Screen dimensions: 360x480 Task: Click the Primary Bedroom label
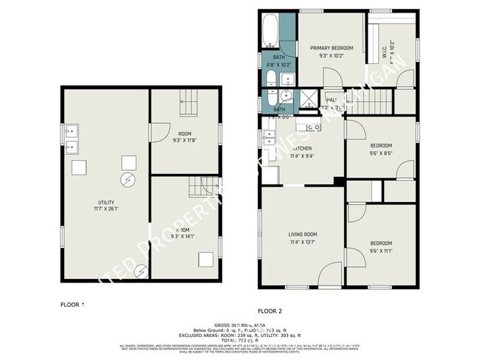pyautogui.click(x=332, y=49)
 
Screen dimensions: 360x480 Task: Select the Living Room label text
pyautogui.click(x=303, y=234)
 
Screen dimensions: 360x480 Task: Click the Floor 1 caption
pyautogui.click(x=72, y=303)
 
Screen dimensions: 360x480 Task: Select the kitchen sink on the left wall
pyautogui.click(x=267, y=140)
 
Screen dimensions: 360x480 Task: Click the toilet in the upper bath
pyautogui.click(x=271, y=80)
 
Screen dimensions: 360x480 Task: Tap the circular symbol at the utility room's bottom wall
pyautogui.click(x=140, y=272)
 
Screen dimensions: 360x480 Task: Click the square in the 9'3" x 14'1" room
pyautogui.click(x=206, y=259)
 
